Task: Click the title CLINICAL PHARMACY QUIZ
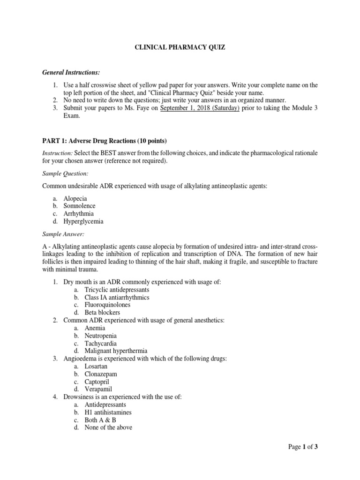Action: tap(180, 47)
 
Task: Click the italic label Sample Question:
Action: tap(65, 173)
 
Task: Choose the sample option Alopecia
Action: tap(75, 198)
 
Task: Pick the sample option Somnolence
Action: tap(79, 206)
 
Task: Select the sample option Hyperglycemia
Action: tap(83, 221)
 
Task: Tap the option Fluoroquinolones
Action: tap(107, 305)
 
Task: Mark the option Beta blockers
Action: tap(102, 312)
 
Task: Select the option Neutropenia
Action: tap(101, 336)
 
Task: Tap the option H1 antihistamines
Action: tap(108, 412)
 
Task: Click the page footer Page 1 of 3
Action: tap(303, 447)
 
